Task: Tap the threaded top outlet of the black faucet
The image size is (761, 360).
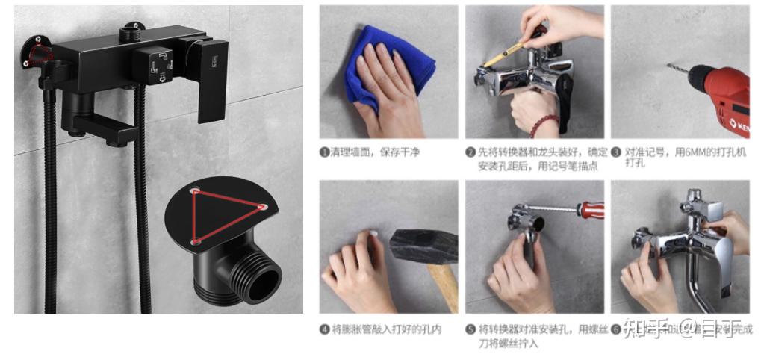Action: (x=132, y=31)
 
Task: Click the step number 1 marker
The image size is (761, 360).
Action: (x=325, y=152)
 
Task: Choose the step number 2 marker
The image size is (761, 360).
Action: (x=470, y=152)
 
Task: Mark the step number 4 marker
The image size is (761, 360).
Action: (x=325, y=329)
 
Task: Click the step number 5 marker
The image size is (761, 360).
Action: (x=470, y=329)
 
